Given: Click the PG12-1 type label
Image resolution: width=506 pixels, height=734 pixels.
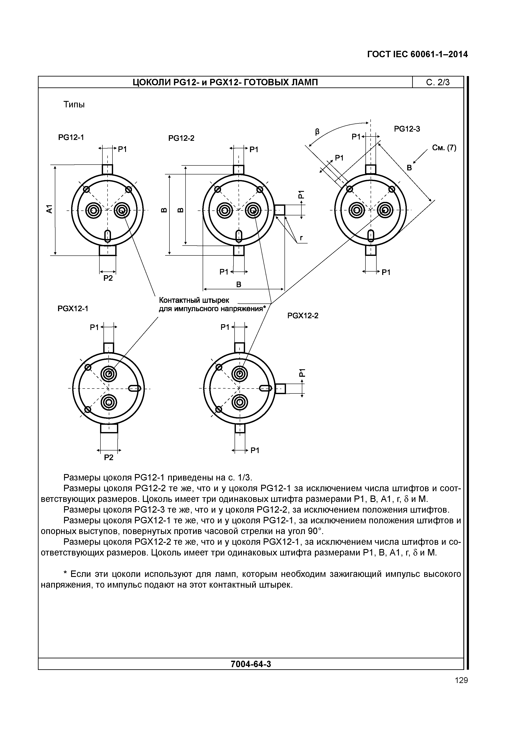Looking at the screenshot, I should [x=71, y=137].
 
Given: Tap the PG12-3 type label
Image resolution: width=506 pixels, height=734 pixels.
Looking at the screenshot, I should [x=407, y=129].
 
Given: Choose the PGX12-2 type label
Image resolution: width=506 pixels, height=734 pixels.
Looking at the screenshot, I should [x=303, y=316].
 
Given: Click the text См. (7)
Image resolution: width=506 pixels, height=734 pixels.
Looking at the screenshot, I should [x=444, y=148].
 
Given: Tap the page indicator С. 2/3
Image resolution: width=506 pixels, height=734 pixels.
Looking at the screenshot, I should [x=438, y=83].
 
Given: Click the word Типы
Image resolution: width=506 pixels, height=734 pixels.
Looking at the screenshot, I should [x=74, y=104].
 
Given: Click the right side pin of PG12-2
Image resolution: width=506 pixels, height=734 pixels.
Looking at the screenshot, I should [x=280, y=210].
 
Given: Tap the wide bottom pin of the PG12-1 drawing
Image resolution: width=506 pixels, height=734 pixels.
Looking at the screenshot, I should [x=108, y=251].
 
